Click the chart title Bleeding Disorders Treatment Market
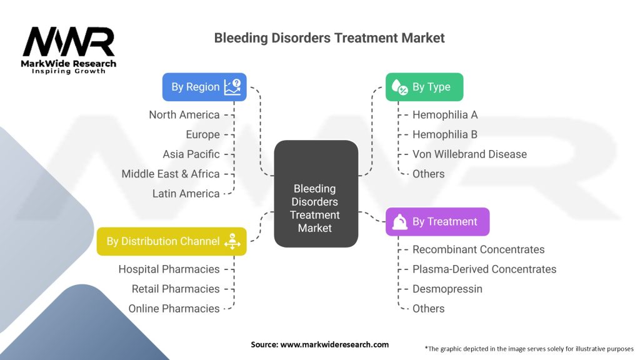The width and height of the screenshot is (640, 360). (329, 37)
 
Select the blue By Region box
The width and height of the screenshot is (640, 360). (204, 87)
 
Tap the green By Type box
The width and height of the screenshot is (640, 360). (424, 87)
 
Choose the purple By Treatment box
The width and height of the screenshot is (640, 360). (437, 222)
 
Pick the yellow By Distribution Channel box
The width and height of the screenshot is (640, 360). (171, 241)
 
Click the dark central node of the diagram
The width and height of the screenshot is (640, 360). (316, 193)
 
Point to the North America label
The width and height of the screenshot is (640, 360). (184, 115)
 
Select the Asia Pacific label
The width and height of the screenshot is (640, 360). (191, 154)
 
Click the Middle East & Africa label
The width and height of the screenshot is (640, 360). (171, 174)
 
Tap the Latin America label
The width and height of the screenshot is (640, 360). (186, 194)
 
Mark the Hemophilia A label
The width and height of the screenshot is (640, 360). (445, 115)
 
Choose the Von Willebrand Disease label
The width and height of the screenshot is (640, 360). (469, 154)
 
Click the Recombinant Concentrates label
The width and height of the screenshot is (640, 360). (478, 249)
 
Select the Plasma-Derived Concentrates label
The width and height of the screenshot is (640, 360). (484, 269)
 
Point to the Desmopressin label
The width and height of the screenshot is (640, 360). (447, 289)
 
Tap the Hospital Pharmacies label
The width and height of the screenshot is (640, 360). (169, 269)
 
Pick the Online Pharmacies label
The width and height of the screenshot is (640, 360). (174, 309)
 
